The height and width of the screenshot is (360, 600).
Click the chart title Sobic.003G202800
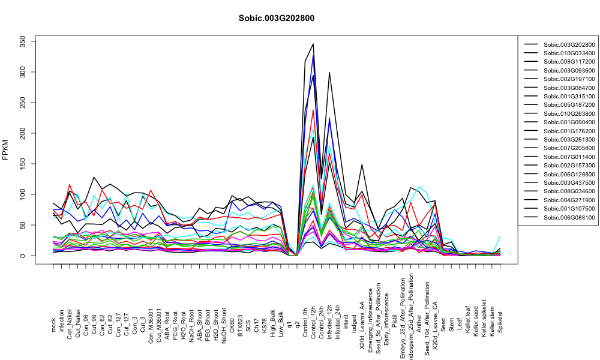[276, 18]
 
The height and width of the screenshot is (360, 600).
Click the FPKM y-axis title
[5, 149]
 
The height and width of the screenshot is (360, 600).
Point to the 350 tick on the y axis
[22, 41]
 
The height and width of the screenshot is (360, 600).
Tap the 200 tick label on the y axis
[22, 133]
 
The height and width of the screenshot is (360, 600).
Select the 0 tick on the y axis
[22, 256]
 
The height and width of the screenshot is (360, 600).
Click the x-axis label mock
[53, 325]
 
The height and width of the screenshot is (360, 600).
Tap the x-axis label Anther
[419, 323]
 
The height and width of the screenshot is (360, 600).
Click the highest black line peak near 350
[313, 44]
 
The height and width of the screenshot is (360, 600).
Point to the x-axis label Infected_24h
[337, 316]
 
